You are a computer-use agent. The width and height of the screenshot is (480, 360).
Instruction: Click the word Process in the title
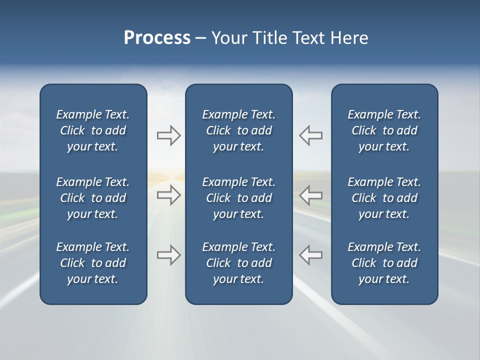(157, 38)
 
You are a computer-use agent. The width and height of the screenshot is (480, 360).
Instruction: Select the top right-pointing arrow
(168, 135)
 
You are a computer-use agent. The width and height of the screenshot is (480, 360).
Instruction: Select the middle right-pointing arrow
(168, 195)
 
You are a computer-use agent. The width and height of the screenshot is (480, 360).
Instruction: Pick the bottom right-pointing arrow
(168, 254)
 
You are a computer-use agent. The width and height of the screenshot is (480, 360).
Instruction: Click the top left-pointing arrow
(310, 135)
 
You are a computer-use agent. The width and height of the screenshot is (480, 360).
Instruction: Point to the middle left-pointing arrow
(310, 195)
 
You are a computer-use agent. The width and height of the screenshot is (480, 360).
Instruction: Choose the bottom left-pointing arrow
(310, 254)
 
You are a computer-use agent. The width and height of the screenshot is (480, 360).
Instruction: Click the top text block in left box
(93, 130)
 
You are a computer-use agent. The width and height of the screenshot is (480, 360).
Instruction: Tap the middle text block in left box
(93, 198)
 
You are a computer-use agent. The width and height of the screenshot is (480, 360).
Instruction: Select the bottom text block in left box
(93, 263)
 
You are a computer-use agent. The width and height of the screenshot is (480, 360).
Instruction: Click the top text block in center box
(238, 130)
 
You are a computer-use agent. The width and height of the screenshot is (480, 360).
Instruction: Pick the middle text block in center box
(238, 198)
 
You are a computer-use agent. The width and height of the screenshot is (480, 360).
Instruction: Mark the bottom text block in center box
(238, 263)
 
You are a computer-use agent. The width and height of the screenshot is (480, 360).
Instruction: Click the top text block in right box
(384, 130)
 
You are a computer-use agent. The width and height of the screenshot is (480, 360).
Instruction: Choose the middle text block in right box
(384, 198)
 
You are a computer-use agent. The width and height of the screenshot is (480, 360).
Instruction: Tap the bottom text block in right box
(384, 263)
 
